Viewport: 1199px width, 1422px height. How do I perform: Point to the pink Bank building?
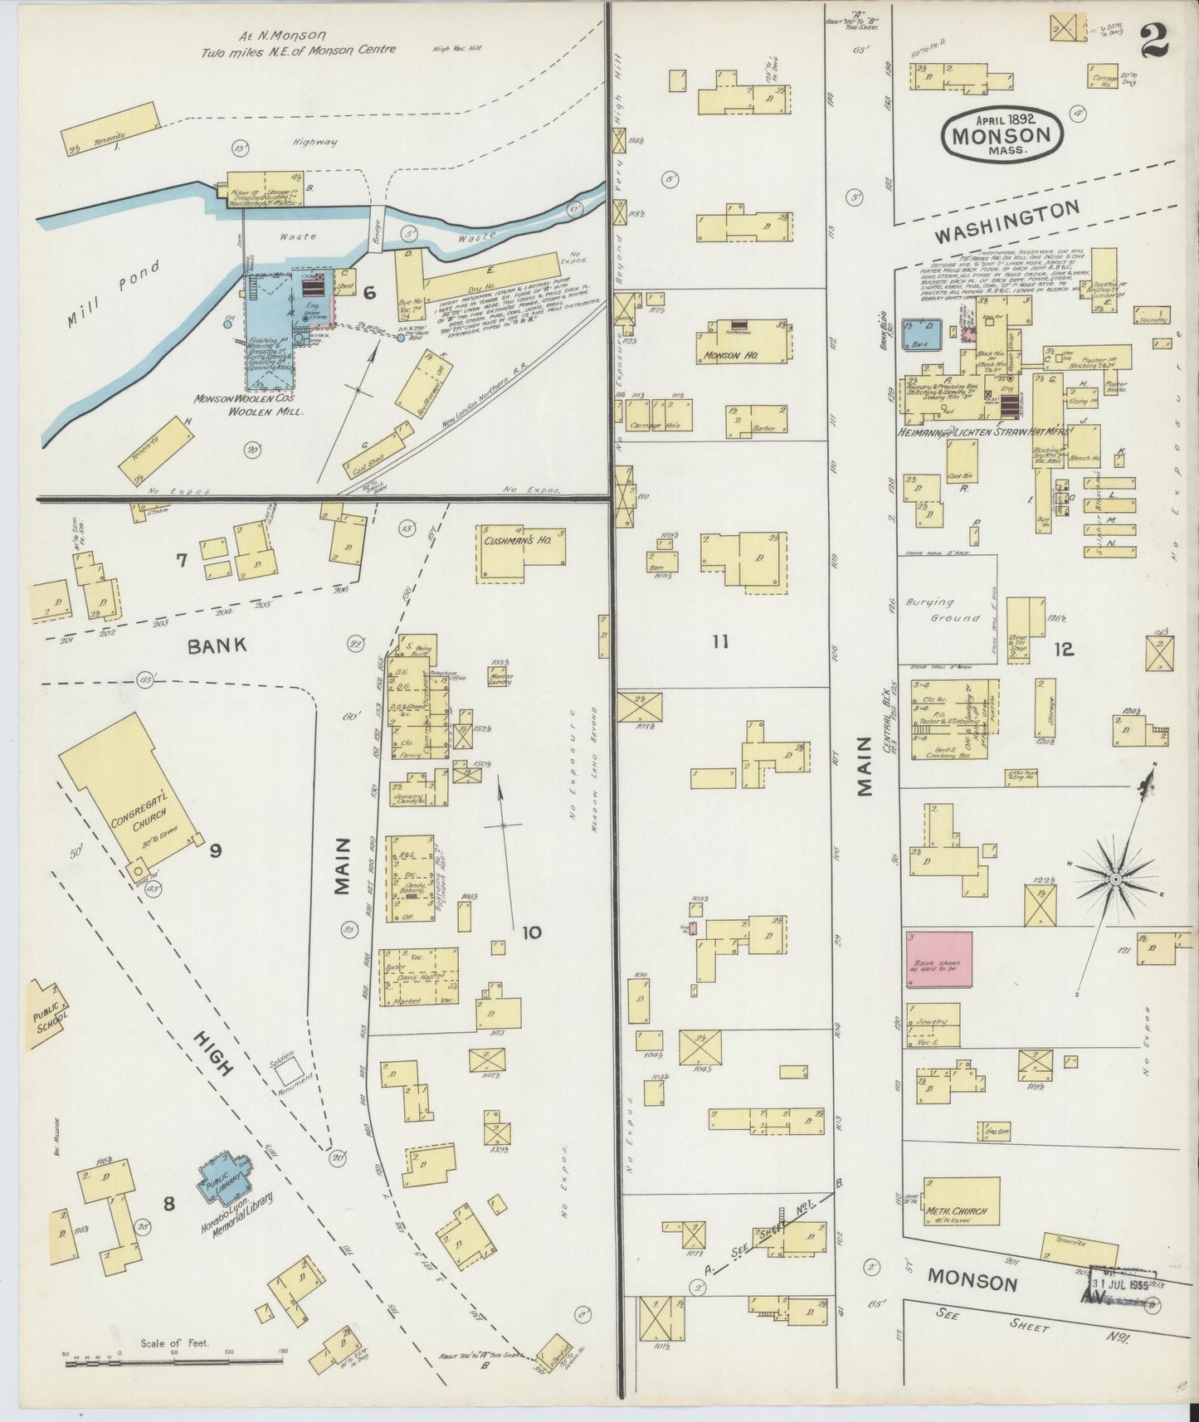pyautogui.click(x=938, y=960)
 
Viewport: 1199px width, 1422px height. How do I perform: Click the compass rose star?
pyautogui.click(x=1116, y=878)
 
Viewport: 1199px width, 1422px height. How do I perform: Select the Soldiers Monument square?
pyautogui.click(x=290, y=1073)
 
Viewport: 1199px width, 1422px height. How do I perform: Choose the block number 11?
pyautogui.click(x=719, y=640)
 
